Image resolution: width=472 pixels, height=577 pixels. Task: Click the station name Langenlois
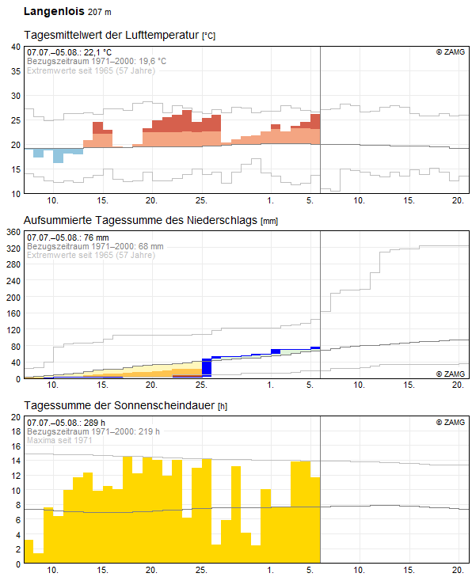click(x=54, y=11)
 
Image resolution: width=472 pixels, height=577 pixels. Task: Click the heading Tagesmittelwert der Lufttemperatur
click(x=112, y=35)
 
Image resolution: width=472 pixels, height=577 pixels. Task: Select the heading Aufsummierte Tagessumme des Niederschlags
click(x=140, y=220)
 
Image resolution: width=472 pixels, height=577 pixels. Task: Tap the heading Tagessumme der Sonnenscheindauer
click(x=119, y=405)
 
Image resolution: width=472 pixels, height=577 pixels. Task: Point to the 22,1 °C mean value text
click(x=97, y=52)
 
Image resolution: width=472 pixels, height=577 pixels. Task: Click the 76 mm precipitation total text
click(x=97, y=237)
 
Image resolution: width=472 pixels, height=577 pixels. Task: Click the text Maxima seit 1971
click(x=59, y=440)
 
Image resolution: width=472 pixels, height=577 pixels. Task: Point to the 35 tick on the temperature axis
click(x=16, y=71)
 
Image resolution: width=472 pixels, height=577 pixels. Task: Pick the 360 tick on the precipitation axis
click(x=13, y=232)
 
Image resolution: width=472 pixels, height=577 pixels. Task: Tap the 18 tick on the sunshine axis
click(x=16, y=431)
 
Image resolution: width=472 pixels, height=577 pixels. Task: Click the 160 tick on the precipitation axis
click(x=13, y=313)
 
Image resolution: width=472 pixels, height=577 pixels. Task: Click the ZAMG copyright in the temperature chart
click(x=451, y=52)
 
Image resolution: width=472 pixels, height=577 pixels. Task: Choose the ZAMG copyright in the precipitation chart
click(x=451, y=374)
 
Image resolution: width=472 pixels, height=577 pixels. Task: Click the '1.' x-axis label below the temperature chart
click(x=271, y=200)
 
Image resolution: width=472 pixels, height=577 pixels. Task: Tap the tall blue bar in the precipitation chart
click(x=207, y=367)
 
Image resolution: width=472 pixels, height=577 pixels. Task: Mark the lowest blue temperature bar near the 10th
click(x=58, y=156)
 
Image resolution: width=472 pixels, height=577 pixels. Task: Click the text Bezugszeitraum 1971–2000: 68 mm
click(x=95, y=246)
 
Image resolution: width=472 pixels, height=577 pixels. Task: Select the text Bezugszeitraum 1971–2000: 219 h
click(x=93, y=431)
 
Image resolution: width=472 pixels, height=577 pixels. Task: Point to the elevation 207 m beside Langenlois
click(x=100, y=12)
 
